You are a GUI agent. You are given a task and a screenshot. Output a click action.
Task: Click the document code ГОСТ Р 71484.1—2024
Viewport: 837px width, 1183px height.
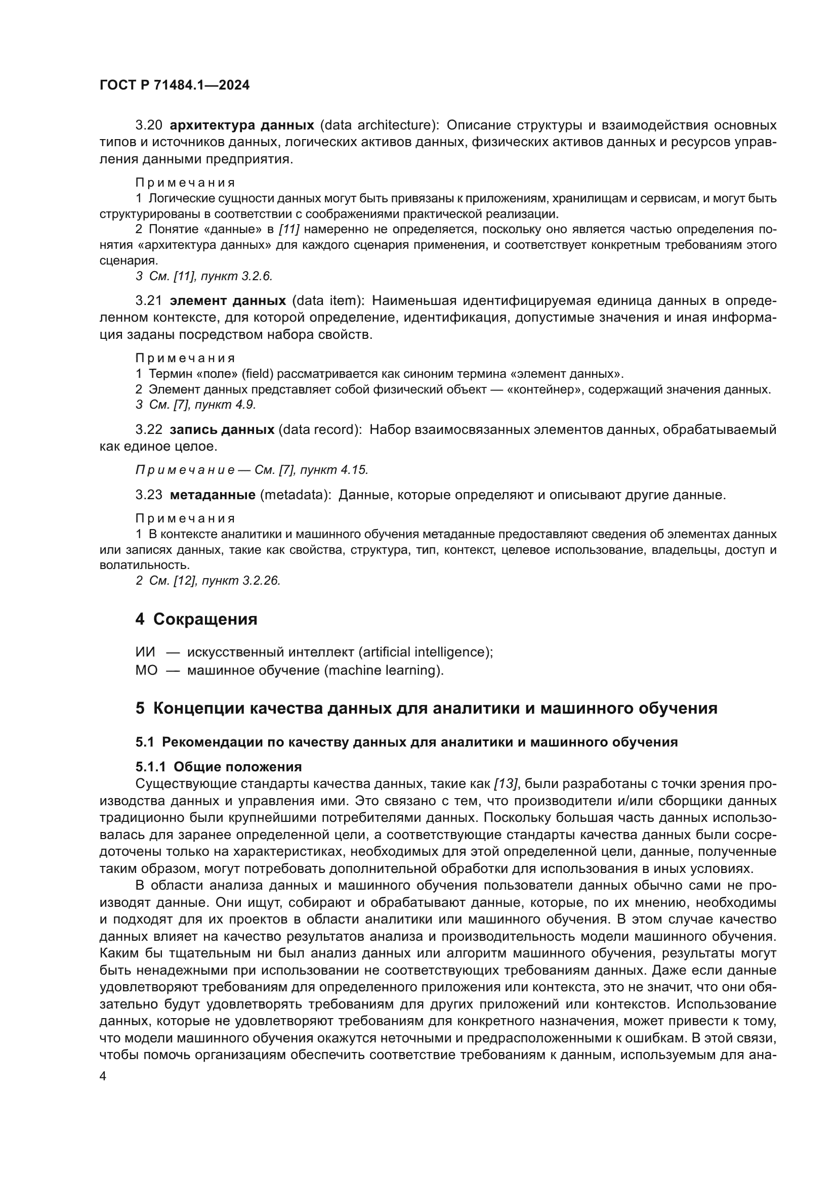click(174, 85)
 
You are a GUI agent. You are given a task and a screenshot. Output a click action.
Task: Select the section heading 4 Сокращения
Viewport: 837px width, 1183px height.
click(196, 619)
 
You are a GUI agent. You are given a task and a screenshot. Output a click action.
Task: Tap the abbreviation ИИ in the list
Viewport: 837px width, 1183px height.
click(145, 652)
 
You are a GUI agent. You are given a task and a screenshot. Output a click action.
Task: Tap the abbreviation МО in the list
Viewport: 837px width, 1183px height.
click(146, 670)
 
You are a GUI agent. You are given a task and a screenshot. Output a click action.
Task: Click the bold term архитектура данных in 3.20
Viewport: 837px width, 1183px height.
click(242, 125)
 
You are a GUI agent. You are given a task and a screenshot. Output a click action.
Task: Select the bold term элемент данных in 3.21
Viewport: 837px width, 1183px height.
click(228, 300)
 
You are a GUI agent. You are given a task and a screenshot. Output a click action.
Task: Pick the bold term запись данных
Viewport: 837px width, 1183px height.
click(222, 429)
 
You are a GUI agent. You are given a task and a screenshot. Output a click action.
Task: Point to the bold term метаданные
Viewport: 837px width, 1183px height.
click(213, 495)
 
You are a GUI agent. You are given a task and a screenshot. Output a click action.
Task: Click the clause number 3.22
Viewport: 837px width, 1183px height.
click(148, 429)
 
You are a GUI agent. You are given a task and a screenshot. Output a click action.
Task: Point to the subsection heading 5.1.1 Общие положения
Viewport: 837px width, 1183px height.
click(219, 767)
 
